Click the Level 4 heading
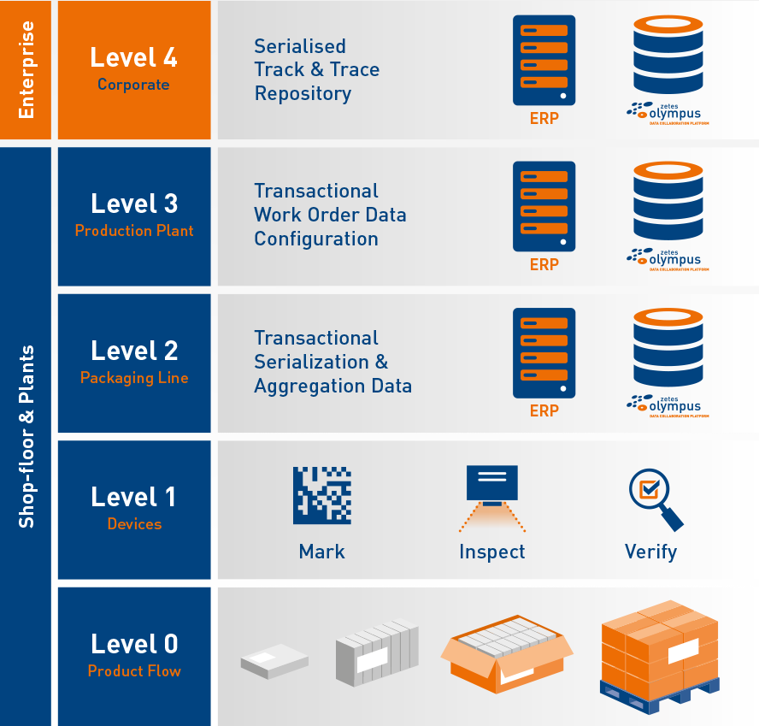coord(134,57)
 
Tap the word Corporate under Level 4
coord(133,85)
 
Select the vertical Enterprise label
coord(26,69)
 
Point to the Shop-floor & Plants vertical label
coord(26,436)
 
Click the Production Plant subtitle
coord(134,231)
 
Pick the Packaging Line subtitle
coord(134,378)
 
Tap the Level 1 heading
coord(134,497)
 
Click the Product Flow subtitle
coord(134,671)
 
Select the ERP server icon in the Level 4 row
coord(544,61)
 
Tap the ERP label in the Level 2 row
coord(544,411)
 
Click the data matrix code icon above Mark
coord(322,495)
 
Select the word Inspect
coord(492,552)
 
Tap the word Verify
coord(650,552)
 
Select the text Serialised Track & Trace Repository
coord(316,70)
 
